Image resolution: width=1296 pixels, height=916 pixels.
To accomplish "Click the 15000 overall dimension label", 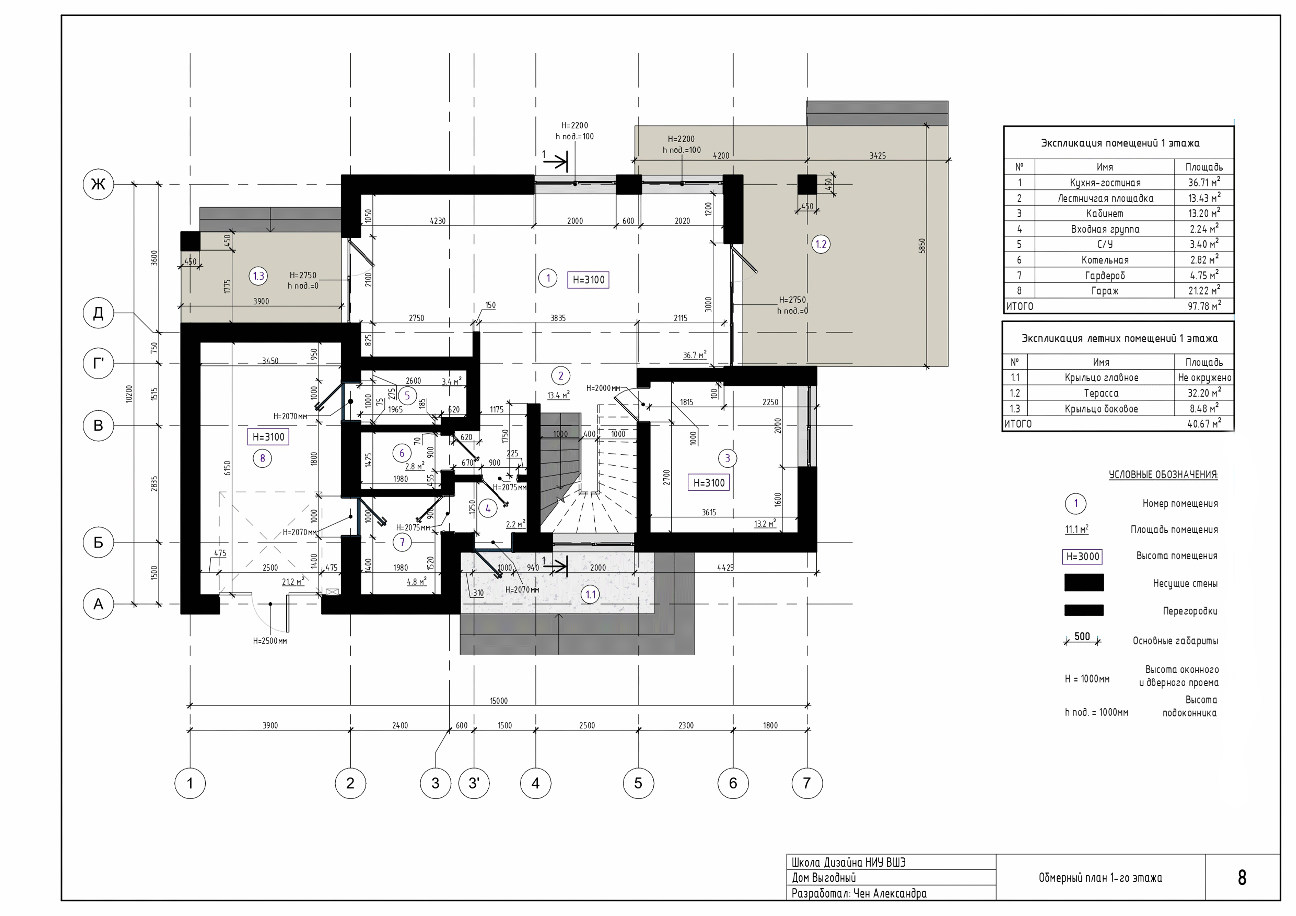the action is pos(498,701).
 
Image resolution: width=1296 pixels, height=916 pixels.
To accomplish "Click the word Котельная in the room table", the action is pos(1105,260).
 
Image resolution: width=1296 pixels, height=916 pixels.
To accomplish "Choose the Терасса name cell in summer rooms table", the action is pos(1101,393).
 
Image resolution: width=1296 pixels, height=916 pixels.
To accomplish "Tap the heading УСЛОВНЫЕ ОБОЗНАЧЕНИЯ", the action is pos(1163,475).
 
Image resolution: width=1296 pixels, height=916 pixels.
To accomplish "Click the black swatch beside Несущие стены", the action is pos(1084,582).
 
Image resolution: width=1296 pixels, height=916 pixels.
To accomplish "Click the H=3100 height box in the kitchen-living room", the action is pos(588,279).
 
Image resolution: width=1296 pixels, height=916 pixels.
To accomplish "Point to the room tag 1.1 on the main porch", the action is pos(590,594).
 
